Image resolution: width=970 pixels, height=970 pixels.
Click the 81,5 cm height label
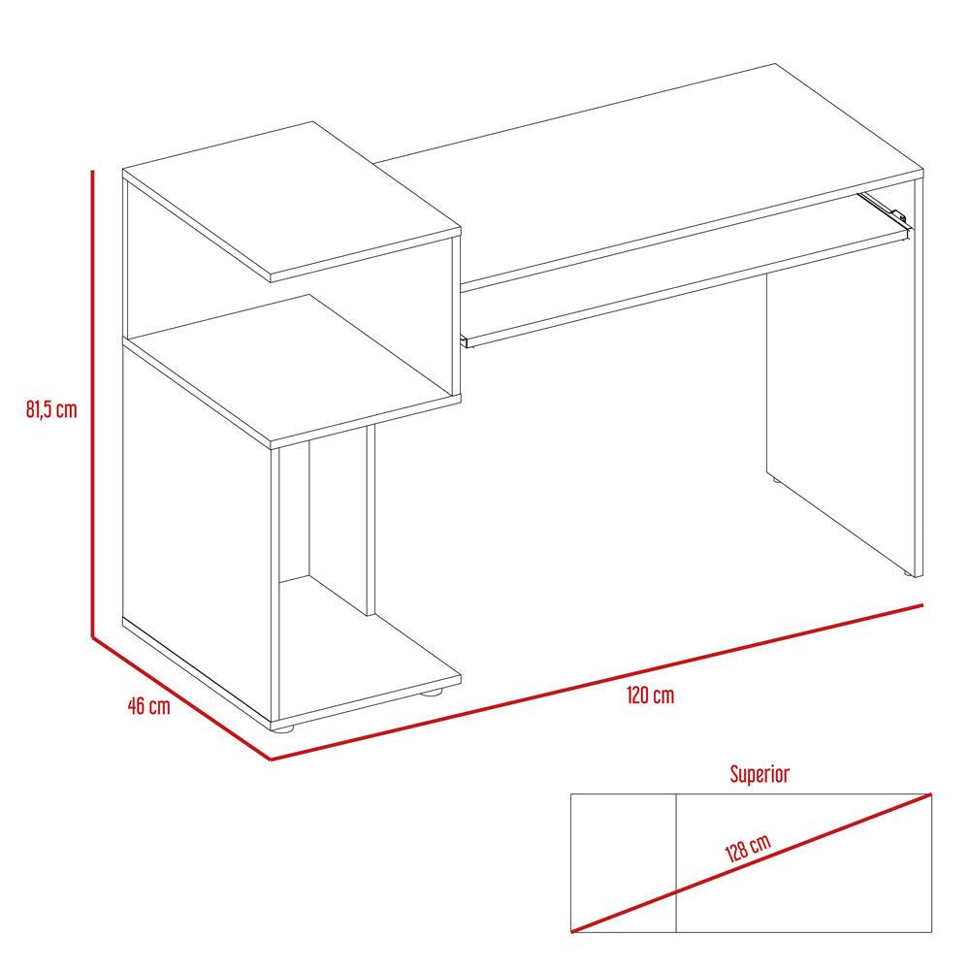[x=51, y=409]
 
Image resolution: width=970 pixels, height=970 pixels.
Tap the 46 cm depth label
[x=149, y=706]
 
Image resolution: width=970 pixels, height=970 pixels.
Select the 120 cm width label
[x=650, y=695]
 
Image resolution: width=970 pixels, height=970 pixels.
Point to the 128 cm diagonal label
[x=748, y=848]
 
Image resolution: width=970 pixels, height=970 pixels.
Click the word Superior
[x=760, y=774]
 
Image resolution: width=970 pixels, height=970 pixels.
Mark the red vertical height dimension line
[x=92, y=404]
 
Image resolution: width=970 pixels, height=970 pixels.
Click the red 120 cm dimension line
[x=597, y=682]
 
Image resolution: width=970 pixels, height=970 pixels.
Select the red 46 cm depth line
[x=181, y=698]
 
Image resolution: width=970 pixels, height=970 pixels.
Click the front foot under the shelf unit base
[x=284, y=728]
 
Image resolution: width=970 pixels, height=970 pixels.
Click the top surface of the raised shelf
[x=292, y=197]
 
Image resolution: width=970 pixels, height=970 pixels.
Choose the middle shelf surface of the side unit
[x=292, y=367]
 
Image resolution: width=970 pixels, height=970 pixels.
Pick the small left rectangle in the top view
[x=623, y=863]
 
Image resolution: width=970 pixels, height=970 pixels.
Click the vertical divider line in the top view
[x=676, y=863]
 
